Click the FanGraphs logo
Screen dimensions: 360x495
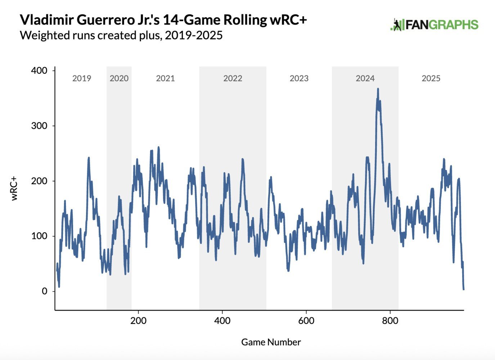(x=434, y=25)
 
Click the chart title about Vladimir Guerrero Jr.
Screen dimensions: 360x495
(x=163, y=20)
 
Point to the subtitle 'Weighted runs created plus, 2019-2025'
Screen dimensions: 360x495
(x=121, y=36)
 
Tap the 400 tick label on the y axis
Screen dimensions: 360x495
(x=39, y=71)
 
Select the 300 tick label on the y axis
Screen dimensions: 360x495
(x=39, y=126)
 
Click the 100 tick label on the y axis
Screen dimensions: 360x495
(x=39, y=236)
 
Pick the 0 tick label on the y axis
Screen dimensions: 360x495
(x=44, y=291)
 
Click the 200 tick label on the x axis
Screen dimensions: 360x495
(x=138, y=320)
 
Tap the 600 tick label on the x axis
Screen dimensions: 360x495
(x=306, y=320)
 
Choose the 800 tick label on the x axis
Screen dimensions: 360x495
(x=390, y=320)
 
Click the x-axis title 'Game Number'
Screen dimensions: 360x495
(x=271, y=342)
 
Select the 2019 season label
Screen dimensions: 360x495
(x=82, y=78)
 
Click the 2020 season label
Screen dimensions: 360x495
(x=119, y=78)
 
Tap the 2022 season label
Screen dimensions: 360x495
(x=233, y=78)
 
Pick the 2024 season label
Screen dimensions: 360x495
(x=365, y=78)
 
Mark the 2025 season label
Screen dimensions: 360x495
(x=431, y=78)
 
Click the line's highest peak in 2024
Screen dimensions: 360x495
(x=378, y=89)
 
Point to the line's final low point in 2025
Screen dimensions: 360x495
(x=463, y=289)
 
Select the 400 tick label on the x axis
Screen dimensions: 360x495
(x=222, y=320)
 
